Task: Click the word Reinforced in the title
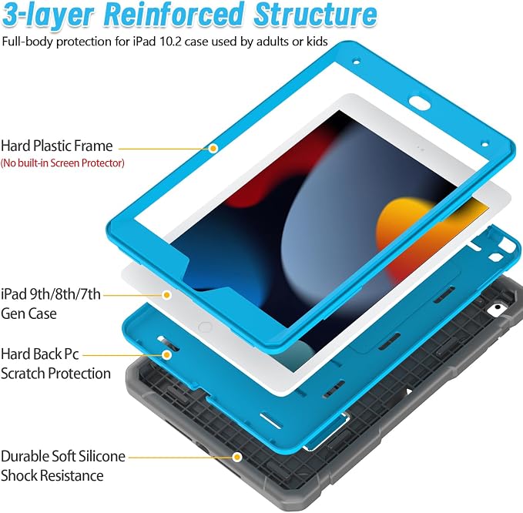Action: tap(173, 15)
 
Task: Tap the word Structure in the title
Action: tap(315, 15)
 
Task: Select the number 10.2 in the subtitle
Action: tap(170, 42)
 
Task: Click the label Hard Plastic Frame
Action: tap(57, 146)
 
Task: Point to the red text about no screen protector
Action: tap(62, 163)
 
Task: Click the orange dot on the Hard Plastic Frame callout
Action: tap(213, 149)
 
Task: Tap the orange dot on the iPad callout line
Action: tap(167, 295)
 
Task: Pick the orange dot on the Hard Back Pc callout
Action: tap(167, 355)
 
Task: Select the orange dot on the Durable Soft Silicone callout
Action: tap(237, 457)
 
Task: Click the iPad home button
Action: tap(205, 327)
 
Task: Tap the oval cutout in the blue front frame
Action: tap(420, 102)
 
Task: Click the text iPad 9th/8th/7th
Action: tap(51, 294)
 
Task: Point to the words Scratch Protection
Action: tap(55, 374)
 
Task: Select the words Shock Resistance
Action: tap(52, 476)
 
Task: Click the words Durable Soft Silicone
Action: tap(63, 456)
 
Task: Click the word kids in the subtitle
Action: tap(317, 42)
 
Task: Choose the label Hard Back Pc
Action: tap(40, 354)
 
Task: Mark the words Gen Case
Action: tap(28, 313)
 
